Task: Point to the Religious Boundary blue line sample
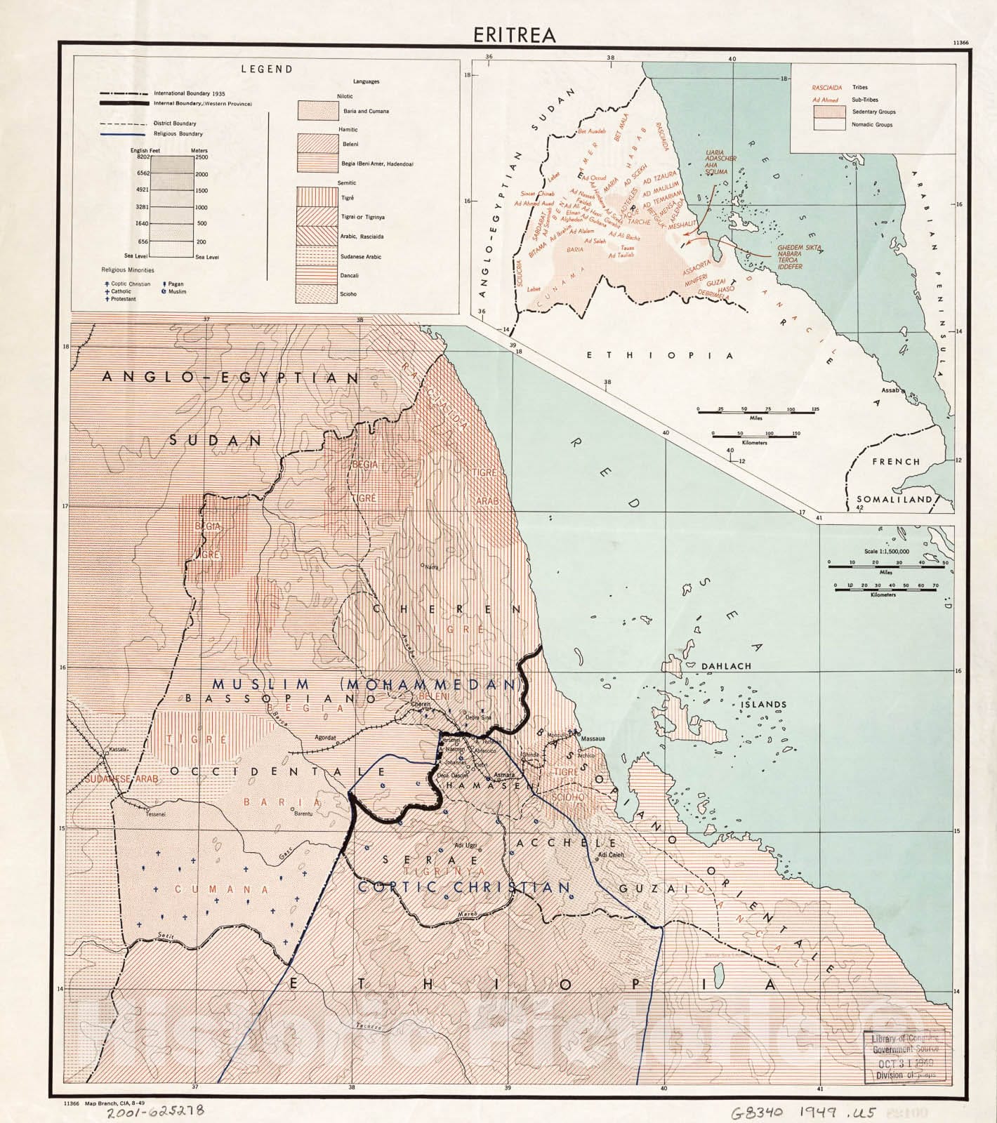tap(124, 133)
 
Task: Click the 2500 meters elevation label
tap(202, 157)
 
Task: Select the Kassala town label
tap(119, 750)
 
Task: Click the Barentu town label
tap(303, 813)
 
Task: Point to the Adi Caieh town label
tap(611, 855)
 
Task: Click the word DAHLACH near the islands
tap(725, 666)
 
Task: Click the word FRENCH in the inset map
tap(895, 462)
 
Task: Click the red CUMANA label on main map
tap(221, 889)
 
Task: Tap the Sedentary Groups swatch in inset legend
tap(828, 111)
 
